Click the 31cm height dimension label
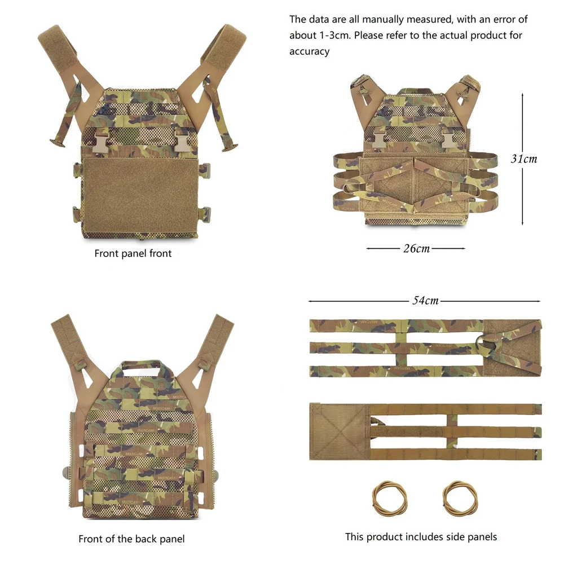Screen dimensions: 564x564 pos(524,158)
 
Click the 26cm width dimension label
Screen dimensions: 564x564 pos(416,249)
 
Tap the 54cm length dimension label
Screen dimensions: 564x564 pos(425,301)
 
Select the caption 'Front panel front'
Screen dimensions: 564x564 pos(133,254)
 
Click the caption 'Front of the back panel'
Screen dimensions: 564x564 pos(131,539)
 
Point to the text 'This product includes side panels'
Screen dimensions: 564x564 pos(421,537)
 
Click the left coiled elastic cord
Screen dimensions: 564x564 pos(390,499)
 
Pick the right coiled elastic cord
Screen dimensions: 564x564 pos(460,499)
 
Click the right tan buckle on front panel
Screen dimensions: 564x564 pos(182,140)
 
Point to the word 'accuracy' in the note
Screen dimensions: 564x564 pos(309,51)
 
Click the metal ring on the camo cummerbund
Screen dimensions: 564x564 pos(486,344)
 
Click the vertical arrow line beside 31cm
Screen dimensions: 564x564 pos(523,158)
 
